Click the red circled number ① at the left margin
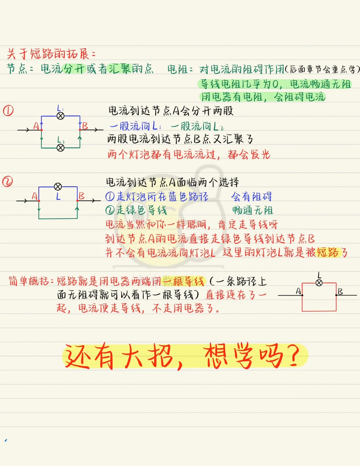(8, 110)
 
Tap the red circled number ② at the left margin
(7, 181)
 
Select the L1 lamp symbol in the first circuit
(60, 116)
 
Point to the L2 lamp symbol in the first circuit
(60, 147)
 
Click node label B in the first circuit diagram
(85, 126)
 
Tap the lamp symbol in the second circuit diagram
(58, 186)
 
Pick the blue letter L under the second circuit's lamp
(58, 196)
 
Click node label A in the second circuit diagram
(34, 196)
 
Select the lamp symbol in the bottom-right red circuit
(319, 283)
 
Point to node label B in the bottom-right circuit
(340, 291)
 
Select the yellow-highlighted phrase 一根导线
(184, 282)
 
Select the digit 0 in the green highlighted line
(275, 84)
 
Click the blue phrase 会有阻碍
(252, 196)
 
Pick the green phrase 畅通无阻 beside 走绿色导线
(253, 210)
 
